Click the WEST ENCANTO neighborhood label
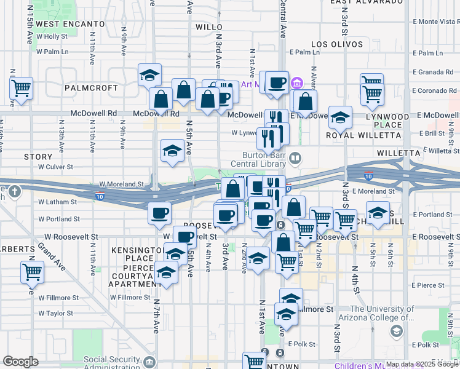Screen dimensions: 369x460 click(70, 23)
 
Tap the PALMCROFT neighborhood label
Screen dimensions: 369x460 click(91, 88)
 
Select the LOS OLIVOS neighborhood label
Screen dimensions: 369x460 click(337, 44)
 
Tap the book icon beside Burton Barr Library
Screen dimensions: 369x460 click(296, 159)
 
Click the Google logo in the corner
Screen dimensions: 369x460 click(20, 362)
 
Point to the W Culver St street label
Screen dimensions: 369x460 click(55, 167)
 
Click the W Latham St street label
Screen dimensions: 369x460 click(57, 201)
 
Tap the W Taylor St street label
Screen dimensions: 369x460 click(55, 313)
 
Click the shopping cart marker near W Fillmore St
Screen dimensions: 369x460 click(32, 271)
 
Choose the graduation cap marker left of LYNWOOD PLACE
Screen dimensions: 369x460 click(340, 117)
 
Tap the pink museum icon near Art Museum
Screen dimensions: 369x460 click(297, 83)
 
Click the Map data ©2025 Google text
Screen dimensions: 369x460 click(421, 364)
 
